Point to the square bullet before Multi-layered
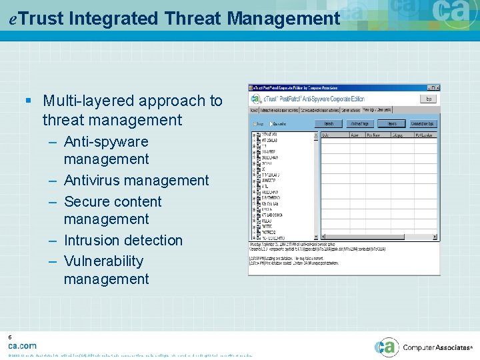[x=28, y=101]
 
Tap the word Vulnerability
[x=103, y=261]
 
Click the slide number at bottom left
[x=10, y=338]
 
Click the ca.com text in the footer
[x=23, y=346]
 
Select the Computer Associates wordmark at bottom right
[x=437, y=347]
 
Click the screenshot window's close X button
[x=437, y=87]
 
